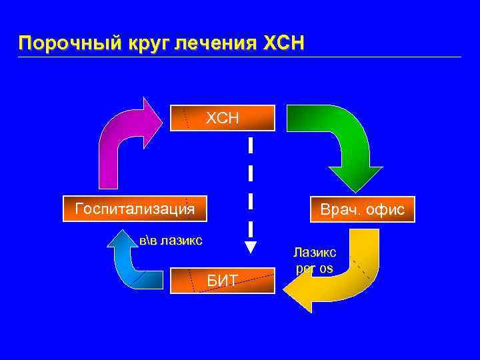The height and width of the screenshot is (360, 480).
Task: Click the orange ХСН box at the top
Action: [x=222, y=118]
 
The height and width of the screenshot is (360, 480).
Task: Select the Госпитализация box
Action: [x=135, y=209]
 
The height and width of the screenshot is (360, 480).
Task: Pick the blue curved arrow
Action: [x=130, y=267]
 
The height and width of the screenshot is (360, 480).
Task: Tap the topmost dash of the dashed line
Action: [x=250, y=147]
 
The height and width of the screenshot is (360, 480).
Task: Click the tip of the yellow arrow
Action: [x=285, y=287]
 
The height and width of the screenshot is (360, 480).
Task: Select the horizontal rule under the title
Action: [x=240, y=57]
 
